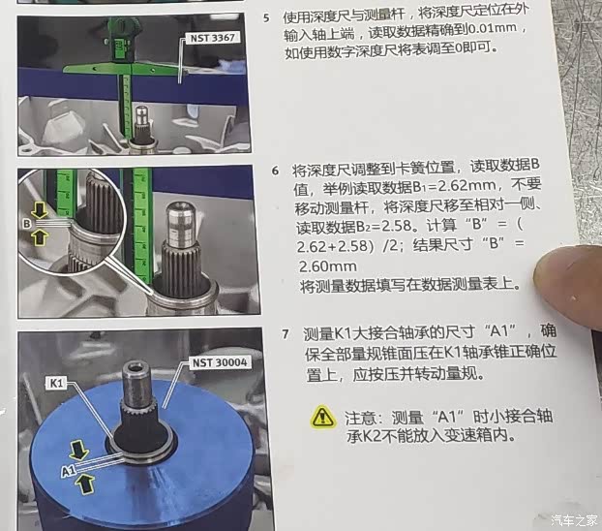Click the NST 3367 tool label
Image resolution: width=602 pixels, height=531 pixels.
tap(212, 38)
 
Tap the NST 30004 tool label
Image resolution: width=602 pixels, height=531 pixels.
tap(220, 362)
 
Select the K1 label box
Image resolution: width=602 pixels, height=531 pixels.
tap(56, 383)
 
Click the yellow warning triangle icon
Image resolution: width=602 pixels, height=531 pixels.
tap(323, 418)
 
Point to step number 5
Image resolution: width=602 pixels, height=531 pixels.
tap(266, 18)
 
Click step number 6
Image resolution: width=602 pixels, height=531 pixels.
tap(275, 171)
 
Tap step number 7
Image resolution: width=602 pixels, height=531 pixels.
tap(285, 333)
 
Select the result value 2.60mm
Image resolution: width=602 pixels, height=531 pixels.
tap(327, 266)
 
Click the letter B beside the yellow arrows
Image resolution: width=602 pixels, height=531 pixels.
tap(26, 224)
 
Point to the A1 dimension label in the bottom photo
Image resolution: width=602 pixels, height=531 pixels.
tap(68, 470)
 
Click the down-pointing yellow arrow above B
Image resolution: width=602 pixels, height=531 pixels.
tap(39, 210)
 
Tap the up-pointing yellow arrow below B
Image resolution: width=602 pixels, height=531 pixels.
tap(39, 236)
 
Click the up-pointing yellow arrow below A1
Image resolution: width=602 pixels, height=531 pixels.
tap(85, 484)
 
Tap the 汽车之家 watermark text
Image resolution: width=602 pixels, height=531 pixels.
tap(574, 520)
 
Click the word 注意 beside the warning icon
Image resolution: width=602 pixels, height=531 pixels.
tap(360, 418)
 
